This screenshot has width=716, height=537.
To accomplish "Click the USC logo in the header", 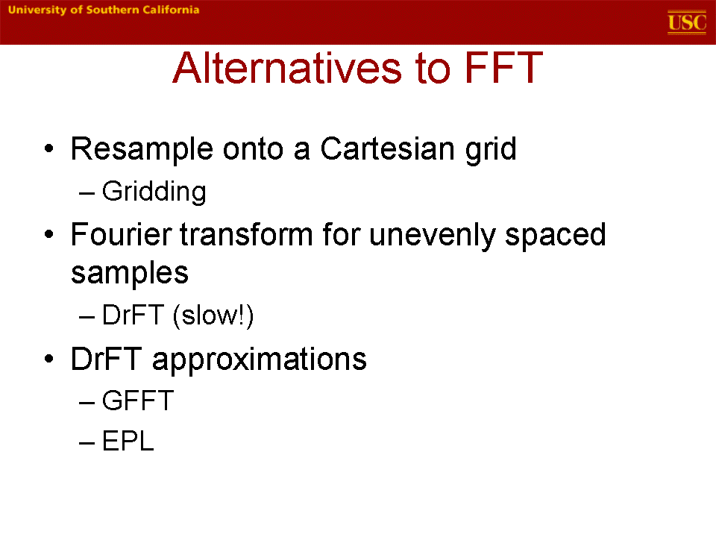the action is pos(687,22).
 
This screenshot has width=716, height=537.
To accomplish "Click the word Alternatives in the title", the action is pos(288,68).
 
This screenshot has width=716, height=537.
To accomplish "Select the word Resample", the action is pos(142,150).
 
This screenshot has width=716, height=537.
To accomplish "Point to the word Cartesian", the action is pos(387,149).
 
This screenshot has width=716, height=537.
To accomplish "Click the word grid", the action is pos(491,150).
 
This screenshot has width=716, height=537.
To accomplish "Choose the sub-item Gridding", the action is pos(154,192).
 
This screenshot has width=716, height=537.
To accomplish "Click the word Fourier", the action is pos(121,235).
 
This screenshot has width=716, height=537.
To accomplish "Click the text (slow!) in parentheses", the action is pos(213,315).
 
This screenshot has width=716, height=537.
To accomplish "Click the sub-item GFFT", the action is pos(138,401).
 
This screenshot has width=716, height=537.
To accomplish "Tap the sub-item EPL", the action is pos(128,441).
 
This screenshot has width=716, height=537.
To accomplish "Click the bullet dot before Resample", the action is pos(49,149).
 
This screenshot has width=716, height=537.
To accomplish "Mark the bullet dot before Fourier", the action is pos(49,235).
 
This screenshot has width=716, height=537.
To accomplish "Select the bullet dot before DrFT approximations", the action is pos(49,359).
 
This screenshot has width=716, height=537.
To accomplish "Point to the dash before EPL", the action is pos(87,442).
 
